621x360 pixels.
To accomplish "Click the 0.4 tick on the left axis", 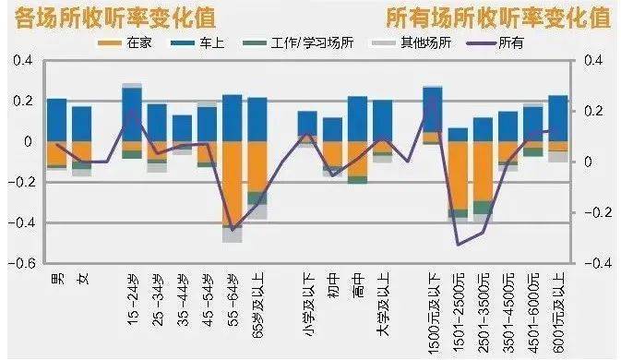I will [20, 61].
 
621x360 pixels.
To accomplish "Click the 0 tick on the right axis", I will [591, 162].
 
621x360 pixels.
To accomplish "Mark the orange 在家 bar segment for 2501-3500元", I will [483, 171].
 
